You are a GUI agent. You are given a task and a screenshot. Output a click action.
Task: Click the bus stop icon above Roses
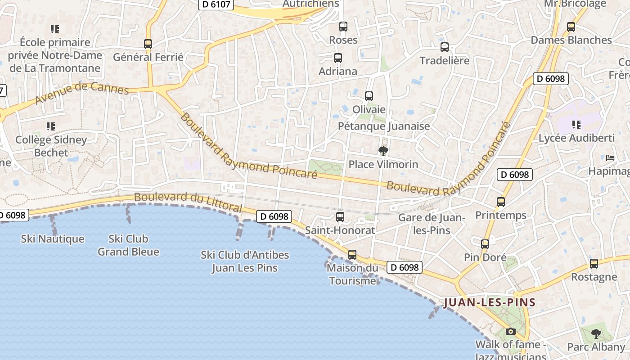click(x=343, y=27)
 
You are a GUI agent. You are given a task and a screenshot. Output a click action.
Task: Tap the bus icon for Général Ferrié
click(x=148, y=44)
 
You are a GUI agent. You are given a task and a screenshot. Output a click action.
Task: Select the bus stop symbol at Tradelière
click(x=445, y=47)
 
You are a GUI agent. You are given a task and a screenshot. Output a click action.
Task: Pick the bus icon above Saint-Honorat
click(x=340, y=217)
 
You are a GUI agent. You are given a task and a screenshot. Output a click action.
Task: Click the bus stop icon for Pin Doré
click(x=485, y=244)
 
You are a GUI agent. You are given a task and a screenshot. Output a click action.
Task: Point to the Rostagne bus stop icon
click(x=594, y=264)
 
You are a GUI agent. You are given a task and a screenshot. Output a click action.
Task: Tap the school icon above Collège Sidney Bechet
click(x=51, y=126)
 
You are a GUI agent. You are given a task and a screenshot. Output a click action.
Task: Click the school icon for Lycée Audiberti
click(x=576, y=125)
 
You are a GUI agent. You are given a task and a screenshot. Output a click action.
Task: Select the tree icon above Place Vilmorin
click(x=383, y=151)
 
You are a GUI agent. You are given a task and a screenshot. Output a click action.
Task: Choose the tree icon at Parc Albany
click(x=596, y=334)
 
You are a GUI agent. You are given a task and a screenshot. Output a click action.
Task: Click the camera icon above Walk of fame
click(x=511, y=332)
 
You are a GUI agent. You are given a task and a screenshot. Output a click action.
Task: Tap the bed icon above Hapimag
click(x=610, y=158)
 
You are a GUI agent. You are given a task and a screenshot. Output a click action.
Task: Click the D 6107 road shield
click(x=216, y=4)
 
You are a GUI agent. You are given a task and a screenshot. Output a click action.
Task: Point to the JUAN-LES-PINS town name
click(x=490, y=302)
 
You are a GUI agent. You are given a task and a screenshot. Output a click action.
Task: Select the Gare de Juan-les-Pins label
click(x=432, y=224)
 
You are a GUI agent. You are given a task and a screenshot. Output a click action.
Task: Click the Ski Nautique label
click(x=53, y=238)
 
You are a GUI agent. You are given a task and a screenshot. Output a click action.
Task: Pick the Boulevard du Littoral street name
click(x=188, y=202)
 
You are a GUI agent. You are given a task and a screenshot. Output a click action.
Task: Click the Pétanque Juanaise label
click(x=384, y=126)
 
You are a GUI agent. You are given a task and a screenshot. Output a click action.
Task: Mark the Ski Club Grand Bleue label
click(x=129, y=245)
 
